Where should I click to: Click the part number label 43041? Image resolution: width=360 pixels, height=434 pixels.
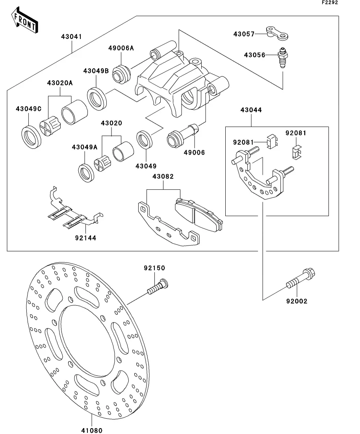point(71,37)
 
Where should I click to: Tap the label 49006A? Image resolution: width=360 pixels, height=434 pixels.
point(121,48)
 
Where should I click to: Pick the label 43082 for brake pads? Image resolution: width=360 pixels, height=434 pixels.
point(163,177)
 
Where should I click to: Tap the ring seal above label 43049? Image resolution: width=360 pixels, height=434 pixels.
point(145,140)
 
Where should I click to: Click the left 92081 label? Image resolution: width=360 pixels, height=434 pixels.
point(243,142)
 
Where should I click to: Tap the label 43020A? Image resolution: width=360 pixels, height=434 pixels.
point(60,83)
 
